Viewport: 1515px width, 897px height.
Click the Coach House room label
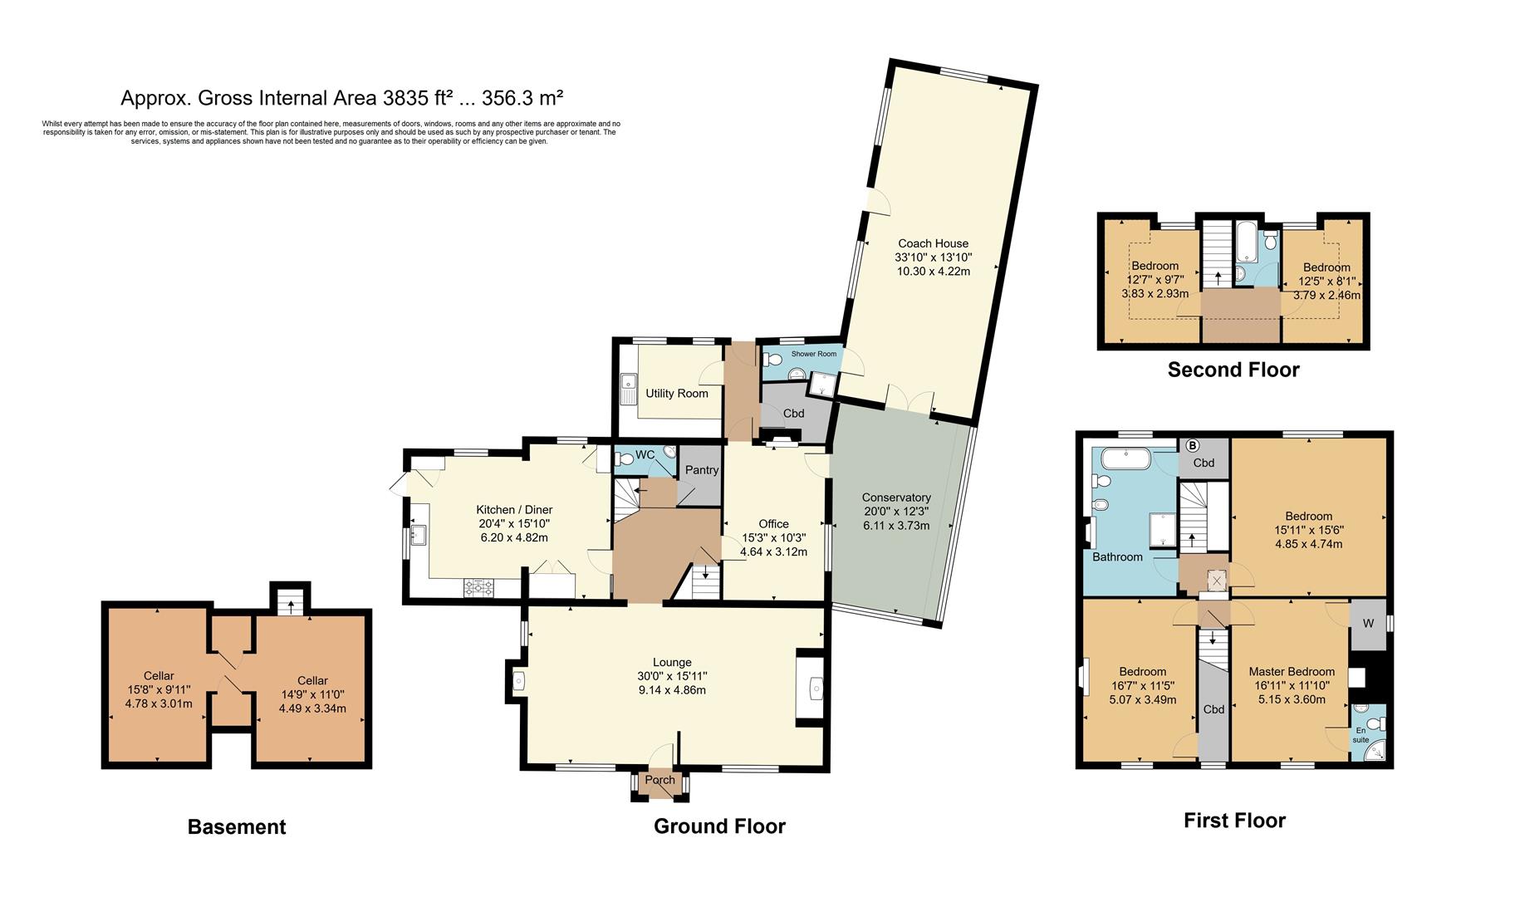pos(933,243)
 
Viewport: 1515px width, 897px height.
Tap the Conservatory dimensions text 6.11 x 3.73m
pos(896,525)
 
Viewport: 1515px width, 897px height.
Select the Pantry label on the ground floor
pos(701,470)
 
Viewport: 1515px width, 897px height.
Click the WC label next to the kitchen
pos(645,455)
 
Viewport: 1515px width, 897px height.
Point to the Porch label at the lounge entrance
pos(659,780)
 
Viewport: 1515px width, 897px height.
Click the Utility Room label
pos(677,393)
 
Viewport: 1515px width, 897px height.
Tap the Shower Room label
pos(813,354)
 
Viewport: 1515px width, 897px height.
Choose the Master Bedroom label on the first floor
pos(1292,672)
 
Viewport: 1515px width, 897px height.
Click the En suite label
pos(1361,735)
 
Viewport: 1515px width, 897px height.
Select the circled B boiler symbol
pos(1193,445)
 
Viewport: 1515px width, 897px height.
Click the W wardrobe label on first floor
pos(1368,624)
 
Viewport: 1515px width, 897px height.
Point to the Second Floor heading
pos(1233,370)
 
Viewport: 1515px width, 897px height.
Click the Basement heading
pos(237,827)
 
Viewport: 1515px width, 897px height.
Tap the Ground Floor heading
pos(719,826)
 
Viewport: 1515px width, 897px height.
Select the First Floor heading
pos(1234,821)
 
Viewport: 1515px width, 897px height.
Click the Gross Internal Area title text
pos(342,98)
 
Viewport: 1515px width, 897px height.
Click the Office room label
pos(773,524)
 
